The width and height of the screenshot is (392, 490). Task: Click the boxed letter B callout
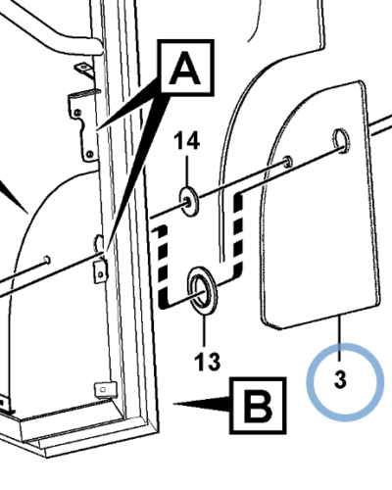coord(258,406)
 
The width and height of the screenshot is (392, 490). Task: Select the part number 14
coord(186,141)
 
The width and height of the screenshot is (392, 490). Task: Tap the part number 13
coord(208,361)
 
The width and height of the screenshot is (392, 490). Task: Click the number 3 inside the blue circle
coord(340,379)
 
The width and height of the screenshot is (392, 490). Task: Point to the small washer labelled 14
coord(189,202)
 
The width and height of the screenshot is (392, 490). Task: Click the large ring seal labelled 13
coord(203,290)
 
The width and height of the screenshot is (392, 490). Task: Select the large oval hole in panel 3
coord(341,142)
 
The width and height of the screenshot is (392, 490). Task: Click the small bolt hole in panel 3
coord(288,162)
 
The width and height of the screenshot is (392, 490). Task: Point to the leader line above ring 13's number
coord(204,330)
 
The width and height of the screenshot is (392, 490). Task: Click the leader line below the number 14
coord(187,171)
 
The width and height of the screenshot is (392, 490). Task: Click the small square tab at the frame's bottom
coord(105,390)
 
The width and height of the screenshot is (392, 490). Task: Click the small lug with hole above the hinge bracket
coord(84,71)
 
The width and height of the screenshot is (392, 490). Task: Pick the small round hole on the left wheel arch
coord(47,260)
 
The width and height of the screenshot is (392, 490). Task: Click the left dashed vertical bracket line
coord(163,267)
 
